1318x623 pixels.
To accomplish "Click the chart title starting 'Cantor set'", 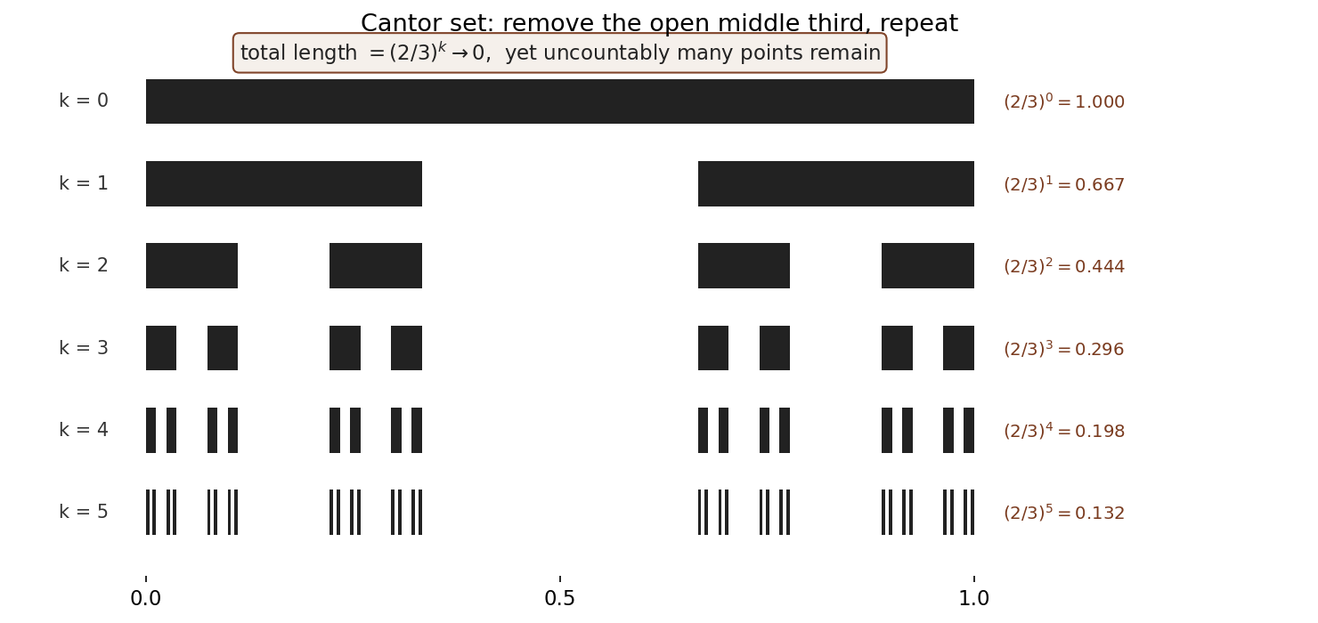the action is coord(659,23).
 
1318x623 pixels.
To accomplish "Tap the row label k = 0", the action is coord(84,101).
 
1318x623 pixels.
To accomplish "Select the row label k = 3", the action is coord(84,348).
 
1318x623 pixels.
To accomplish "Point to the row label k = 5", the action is coord(84,512).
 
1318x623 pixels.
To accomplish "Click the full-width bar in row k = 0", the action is coord(560,101).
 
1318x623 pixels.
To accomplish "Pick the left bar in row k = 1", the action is coord(284,183).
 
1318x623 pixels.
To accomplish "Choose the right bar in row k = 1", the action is coord(836,183).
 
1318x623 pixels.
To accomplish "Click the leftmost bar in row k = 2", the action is coord(191,265).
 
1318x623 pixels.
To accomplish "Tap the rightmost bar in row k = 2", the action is coord(928,265).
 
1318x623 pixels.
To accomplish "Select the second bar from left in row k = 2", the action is coord(376,265).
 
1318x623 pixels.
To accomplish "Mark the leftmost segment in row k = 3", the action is coord(161,348).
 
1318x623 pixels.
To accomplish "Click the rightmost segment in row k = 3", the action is coord(958,348).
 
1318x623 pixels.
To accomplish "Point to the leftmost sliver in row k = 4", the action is coord(151,430).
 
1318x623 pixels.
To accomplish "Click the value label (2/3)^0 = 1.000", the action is coord(1064,101).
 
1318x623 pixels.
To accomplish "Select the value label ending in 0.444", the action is coord(1064,266).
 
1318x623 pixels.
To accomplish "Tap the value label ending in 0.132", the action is coord(1064,513).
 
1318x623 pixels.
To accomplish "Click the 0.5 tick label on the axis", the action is coord(559,598).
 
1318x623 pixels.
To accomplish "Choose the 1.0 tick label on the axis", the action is coord(973,598).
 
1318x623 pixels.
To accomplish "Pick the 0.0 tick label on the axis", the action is coord(145,598).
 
